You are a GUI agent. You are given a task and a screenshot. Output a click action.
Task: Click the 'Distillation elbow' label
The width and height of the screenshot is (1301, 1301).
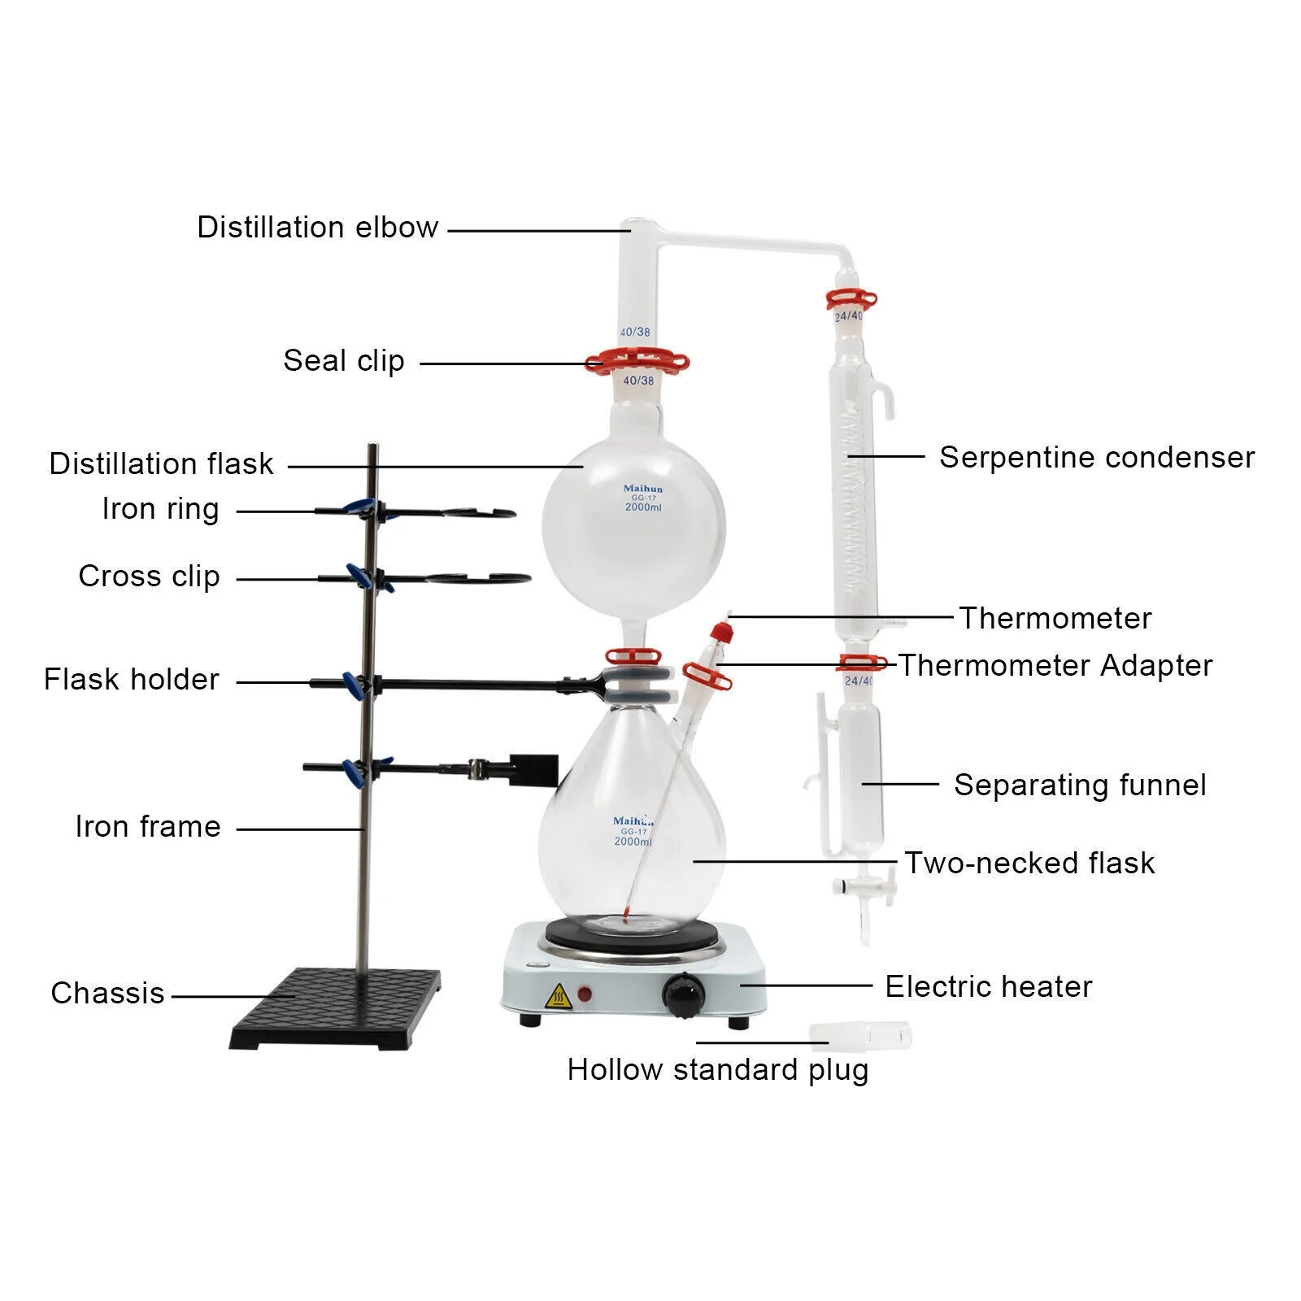(317, 228)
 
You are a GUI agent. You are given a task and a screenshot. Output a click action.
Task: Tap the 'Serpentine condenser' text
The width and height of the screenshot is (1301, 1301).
(1096, 458)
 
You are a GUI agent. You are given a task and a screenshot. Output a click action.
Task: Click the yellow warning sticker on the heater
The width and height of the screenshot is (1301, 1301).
(558, 995)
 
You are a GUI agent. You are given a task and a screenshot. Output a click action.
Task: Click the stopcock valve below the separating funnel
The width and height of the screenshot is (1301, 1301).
(864, 888)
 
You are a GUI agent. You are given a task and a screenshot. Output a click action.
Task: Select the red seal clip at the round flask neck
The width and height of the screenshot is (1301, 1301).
(637, 362)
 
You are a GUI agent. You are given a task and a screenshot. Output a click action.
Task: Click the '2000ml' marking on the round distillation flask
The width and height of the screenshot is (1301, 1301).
(643, 507)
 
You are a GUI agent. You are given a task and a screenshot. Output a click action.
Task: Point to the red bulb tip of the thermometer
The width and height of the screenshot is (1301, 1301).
(624, 919)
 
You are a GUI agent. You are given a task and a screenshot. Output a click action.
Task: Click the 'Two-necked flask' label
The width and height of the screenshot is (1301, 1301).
(1029, 863)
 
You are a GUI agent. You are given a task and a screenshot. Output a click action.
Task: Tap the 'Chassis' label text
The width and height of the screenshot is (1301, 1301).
(107, 993)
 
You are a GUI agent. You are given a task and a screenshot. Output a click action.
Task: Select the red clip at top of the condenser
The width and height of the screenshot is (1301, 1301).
(851, 300)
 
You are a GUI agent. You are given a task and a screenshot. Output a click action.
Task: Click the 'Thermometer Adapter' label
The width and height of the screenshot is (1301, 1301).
(1055, 665)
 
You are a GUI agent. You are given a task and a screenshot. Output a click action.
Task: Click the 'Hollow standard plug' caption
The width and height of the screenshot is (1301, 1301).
(717, 1069)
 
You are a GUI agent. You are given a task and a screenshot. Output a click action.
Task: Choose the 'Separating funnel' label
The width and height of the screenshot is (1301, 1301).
(1080, 785)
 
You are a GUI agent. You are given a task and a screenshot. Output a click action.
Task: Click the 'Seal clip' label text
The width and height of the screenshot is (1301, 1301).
(343, 360)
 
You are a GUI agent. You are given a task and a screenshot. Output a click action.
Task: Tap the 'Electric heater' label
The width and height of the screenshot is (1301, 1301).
(988, 986)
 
